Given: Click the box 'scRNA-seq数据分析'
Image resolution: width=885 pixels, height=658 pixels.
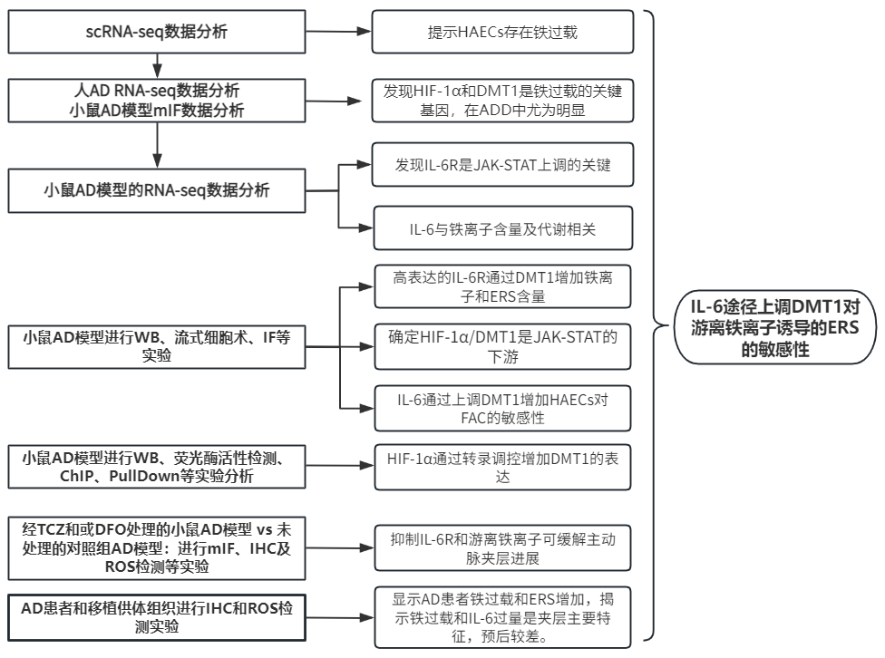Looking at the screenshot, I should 157,33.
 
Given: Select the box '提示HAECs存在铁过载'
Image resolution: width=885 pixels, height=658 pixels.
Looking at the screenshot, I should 501,33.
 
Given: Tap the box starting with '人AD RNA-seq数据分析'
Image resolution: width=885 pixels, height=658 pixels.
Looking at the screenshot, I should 157,100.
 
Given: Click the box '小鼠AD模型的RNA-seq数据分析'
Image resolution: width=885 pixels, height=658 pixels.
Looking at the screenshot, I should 157,190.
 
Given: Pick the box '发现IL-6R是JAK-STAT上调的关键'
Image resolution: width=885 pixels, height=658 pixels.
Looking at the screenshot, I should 501,166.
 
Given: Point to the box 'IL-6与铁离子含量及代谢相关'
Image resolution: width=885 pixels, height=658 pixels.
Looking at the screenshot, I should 501,229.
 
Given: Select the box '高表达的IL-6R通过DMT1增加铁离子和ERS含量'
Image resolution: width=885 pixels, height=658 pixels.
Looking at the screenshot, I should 501,286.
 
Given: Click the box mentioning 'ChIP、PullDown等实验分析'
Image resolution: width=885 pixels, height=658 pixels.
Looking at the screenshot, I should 157,468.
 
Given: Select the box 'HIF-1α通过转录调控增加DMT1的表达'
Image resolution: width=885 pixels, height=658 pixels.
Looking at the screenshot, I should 501,468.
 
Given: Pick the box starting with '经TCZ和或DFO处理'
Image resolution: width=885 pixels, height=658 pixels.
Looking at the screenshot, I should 157,547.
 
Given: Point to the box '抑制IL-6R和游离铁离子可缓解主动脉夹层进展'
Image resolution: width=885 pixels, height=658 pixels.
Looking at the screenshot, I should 501,547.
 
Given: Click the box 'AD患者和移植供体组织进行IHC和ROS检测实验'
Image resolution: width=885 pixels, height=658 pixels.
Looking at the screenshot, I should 157,616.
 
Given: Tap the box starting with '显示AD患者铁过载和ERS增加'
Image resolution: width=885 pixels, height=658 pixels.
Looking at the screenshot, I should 501,616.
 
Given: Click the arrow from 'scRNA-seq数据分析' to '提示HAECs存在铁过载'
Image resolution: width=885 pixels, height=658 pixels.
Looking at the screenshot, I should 339,33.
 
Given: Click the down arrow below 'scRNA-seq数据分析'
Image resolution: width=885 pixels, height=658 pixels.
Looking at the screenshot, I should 157,64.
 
